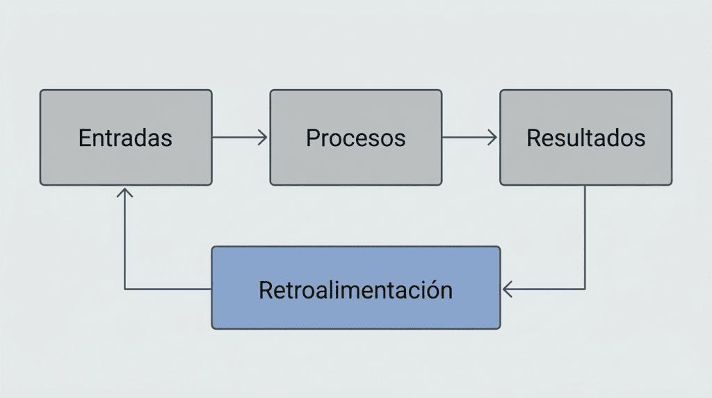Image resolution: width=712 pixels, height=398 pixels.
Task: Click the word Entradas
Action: tap(125, 138)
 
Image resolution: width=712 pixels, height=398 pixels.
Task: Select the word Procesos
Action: tap(355, 138)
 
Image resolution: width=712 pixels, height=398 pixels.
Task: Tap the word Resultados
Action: tap(585, 138)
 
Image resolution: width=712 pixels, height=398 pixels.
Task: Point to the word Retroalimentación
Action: tap(355, 289)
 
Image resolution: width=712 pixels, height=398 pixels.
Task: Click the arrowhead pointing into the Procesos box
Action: tap(264, 138)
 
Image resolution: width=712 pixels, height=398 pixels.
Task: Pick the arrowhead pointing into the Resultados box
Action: tap(494, 138)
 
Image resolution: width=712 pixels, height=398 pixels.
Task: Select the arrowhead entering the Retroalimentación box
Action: tap(506, 289)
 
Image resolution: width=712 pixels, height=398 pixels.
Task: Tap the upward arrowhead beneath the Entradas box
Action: tap(124, 191)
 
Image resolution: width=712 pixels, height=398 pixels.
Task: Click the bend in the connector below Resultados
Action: tap(584, 289)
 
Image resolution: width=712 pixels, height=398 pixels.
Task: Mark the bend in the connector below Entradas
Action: tap(124, 289)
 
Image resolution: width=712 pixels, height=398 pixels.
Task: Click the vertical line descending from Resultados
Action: tap(584, 237)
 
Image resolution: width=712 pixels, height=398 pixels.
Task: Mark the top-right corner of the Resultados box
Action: tap(670, 91)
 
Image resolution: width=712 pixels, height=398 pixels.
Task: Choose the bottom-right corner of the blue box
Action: tap(499, 327)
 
